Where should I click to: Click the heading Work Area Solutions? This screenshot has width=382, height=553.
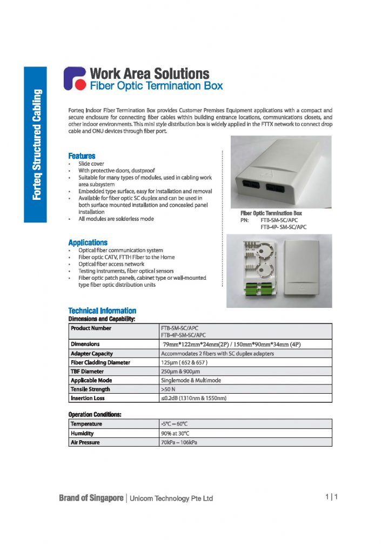149,73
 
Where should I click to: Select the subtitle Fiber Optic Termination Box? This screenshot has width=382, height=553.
156,85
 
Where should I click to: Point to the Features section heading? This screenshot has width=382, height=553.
82,156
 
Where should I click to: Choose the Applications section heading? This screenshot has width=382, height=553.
88,243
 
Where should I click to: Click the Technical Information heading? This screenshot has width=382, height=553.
102,311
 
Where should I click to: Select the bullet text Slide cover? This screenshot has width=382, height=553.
91,164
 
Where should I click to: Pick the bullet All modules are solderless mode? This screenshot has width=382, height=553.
116,219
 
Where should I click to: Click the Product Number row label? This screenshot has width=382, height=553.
91,328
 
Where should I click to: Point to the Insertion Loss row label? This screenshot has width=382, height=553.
88,399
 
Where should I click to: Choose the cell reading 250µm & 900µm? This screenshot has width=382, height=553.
180,372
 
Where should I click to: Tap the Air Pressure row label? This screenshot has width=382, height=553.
85,442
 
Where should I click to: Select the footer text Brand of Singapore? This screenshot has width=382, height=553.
91,498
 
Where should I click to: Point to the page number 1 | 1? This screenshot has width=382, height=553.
331,497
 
